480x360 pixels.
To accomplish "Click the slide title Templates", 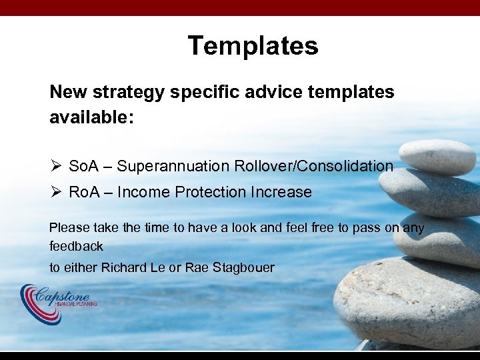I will [x=253, y=46].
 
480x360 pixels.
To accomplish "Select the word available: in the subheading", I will [x=91, y=118].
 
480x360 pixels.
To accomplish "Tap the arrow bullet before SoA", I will [x=55, y=166].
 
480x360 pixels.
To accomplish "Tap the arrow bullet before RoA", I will [x=55, y=193].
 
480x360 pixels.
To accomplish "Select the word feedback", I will [x=76, y=247].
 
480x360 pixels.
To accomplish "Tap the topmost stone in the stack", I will [x=437, y=155].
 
